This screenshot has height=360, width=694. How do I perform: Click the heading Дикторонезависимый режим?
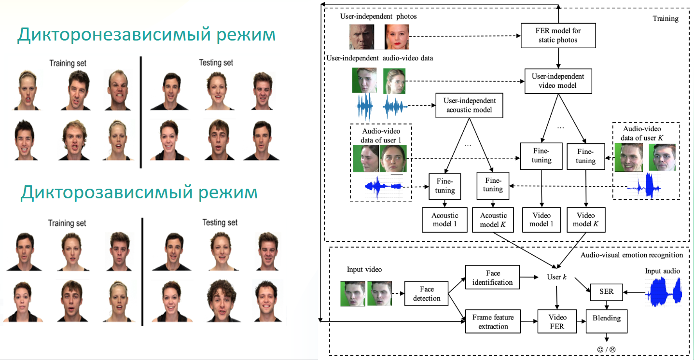point(146,36)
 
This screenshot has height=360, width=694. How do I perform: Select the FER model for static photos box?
point(558,35)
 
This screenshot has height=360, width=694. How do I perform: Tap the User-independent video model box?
point(558,81)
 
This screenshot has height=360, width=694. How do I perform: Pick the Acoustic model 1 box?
point(444,220)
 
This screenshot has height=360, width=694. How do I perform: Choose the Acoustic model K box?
point(493,220)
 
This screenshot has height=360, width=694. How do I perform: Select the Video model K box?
point(585,220)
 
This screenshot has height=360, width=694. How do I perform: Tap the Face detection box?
point(427,293)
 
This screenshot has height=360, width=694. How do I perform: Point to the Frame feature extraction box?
point(493,322)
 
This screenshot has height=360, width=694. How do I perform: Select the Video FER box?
point(557,322)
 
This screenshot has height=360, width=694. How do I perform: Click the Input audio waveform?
point(666,292)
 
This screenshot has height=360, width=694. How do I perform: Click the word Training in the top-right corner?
point(665,19)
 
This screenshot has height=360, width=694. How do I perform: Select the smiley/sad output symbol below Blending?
point(606,349)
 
